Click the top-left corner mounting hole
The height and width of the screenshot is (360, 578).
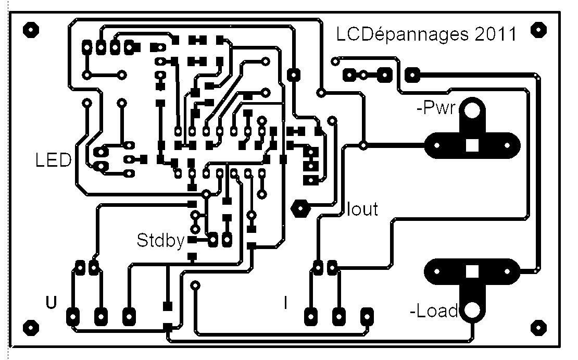[x=31, y=30]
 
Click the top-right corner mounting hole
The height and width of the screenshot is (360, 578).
[x=538, y=30]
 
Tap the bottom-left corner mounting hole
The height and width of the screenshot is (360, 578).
[x=31, y=328]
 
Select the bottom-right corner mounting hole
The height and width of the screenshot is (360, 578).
[x=538, y=328]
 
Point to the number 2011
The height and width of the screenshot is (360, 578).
[x=496, y=34]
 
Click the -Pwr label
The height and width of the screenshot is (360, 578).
[x=436, y=107]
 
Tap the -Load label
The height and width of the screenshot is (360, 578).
[x=434, y=311]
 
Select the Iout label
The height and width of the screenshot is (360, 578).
[x=362, y=209]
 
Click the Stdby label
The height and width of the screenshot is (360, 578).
[x=160, y=241]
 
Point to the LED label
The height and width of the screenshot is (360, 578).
[x=53, y=160]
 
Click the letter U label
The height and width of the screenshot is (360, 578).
[x=51, y=302]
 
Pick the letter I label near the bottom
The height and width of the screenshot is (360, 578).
[x=285, y=303]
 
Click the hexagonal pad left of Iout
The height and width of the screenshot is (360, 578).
[x=300, y=209]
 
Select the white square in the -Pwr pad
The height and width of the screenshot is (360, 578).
[x=472, y=145]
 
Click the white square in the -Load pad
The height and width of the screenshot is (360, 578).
[x=472, y=271]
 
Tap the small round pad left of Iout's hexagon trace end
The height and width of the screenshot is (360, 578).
[x=332, y=121]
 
